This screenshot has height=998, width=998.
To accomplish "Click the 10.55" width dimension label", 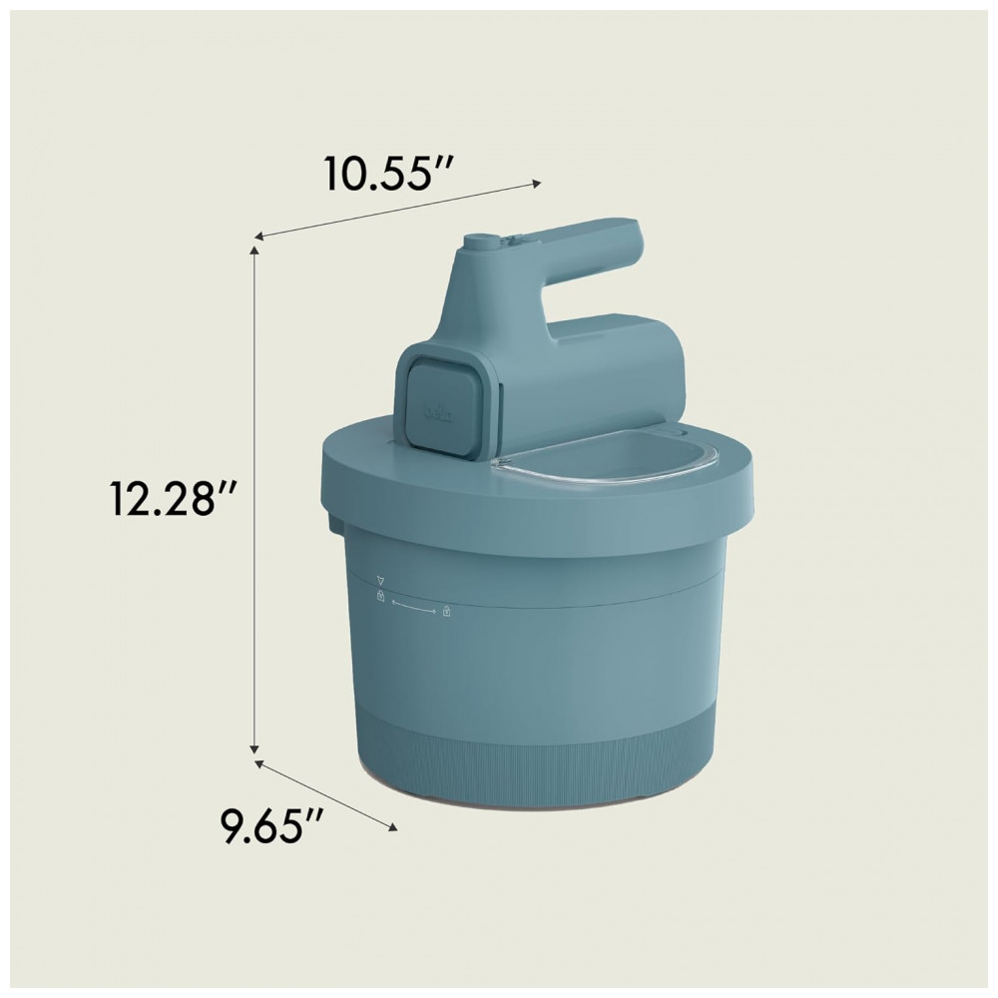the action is coord(388,172).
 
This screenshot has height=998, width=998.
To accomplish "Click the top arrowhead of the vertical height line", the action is coord(254,252).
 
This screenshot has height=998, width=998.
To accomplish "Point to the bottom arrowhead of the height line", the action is coord(254,748).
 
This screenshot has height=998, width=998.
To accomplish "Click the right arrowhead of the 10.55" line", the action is coord(536,184).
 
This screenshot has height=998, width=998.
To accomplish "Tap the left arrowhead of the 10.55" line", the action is coord(259,237).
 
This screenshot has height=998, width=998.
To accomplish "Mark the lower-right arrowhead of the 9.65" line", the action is coord(392,826).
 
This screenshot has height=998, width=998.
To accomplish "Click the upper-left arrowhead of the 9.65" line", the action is coord(259,763).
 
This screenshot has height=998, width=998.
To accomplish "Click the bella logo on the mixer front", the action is coord(438,414).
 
